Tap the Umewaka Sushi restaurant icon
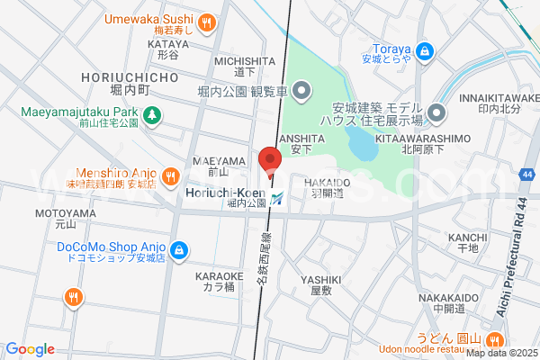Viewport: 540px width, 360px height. point(207,22)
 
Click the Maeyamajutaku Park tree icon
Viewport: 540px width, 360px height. point(152,114)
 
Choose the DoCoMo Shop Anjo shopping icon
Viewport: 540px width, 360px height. point(179,248)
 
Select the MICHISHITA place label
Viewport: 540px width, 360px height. point(238,60)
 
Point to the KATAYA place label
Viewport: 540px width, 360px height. point(167,43)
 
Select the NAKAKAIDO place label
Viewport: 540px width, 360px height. point(447,297)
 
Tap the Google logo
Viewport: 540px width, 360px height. point(31,349)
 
